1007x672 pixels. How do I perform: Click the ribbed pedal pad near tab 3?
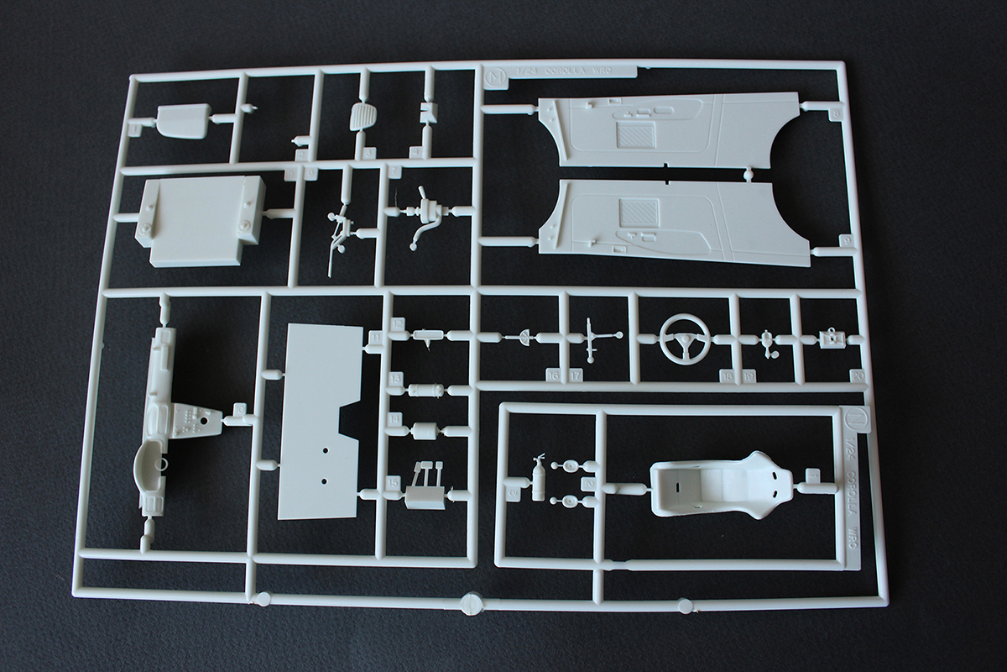pos(362,117)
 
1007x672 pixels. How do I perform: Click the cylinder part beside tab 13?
pos(425,390)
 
